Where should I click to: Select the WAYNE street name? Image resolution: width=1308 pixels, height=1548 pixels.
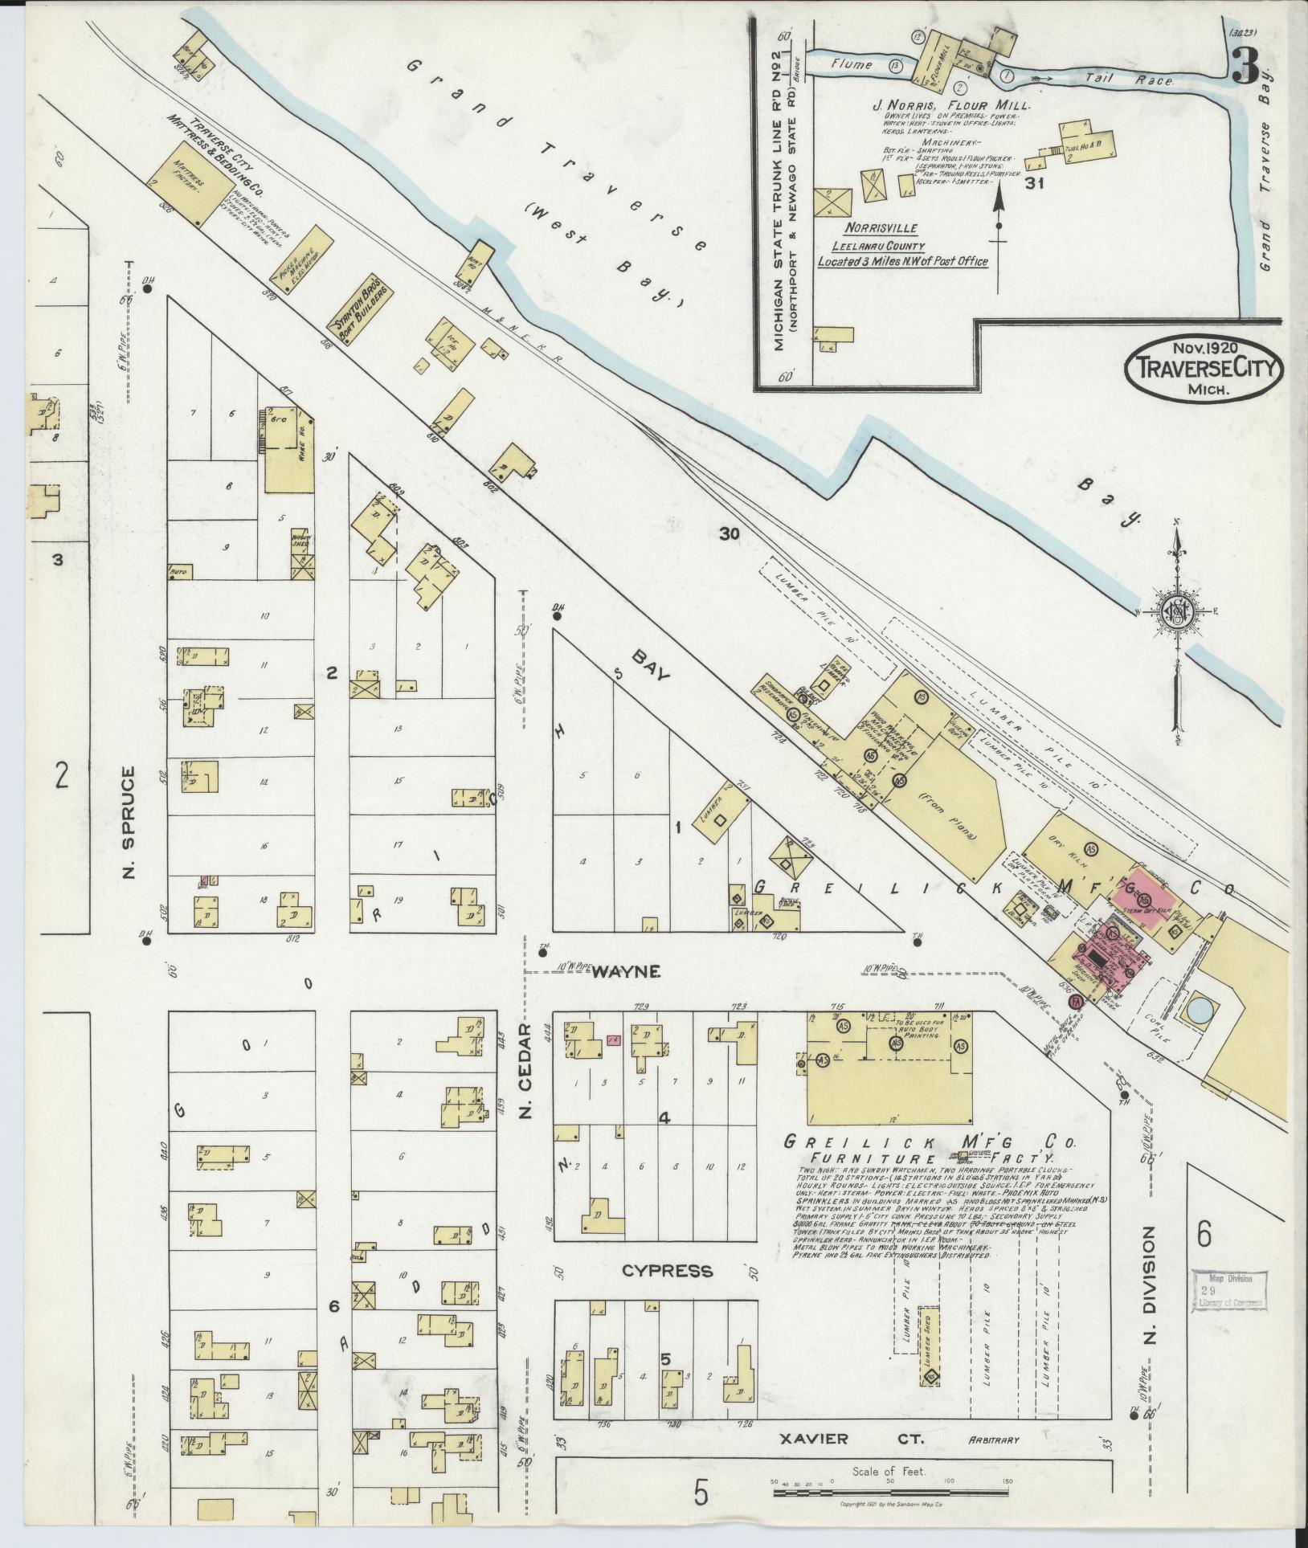(x=626, y=972)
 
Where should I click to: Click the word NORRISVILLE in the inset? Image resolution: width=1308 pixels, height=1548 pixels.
(x=875, y=229)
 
